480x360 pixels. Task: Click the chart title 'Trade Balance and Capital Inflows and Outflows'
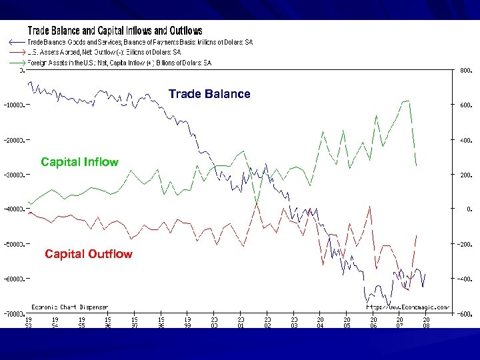click(115, 31)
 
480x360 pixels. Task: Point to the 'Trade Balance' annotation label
click(209, 94)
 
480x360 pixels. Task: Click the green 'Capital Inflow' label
click(79, 162)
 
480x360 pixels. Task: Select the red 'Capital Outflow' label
click(88, 254)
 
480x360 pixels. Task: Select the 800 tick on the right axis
click(465, 70)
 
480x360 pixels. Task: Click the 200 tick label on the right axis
click(465, 175)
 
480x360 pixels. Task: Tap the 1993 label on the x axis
click(28, 323)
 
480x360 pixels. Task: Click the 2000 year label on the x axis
click(214, 323)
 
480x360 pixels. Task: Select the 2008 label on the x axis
click(426, 323)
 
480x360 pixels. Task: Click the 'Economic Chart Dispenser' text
click(70, 307)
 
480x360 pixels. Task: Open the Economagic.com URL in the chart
click(408, 307)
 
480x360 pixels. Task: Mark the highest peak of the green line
click(407, 101)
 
